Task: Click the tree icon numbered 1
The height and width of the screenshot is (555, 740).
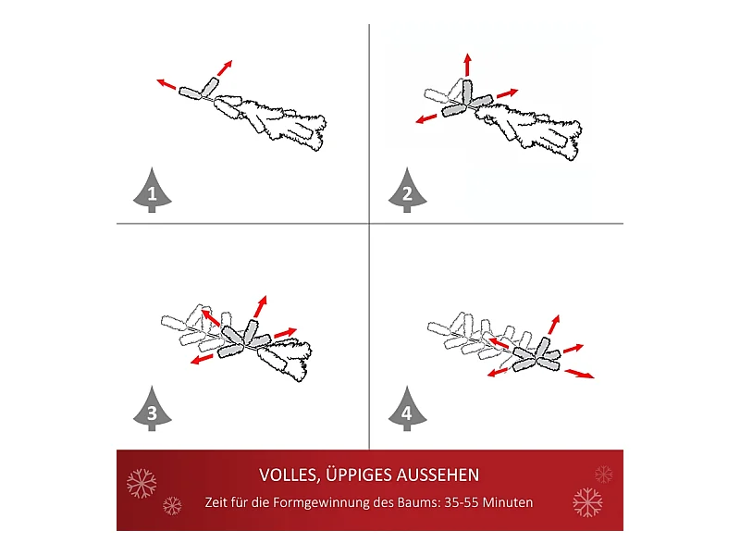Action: [x=152, y=191]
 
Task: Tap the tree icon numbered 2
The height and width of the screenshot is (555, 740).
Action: [x=407, y=191]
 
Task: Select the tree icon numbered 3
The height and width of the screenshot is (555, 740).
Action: [x=152, y=409]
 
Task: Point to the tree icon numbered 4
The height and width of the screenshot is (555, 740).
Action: [x=407, y=409]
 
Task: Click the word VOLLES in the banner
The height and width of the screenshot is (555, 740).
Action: [x=290, y=475]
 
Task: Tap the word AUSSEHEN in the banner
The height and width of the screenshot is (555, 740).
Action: [x=438, y=475]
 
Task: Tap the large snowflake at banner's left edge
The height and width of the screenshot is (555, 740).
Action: [x=142, y=483]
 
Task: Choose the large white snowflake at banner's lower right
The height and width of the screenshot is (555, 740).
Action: [x=587, y=502]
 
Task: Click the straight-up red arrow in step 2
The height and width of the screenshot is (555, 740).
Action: [x=467, y=65]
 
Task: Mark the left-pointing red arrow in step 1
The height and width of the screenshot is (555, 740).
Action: [x=166, y=84]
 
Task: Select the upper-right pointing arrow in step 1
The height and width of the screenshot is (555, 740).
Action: [x=225, y=68]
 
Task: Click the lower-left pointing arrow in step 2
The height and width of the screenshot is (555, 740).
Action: [x=426, y=118]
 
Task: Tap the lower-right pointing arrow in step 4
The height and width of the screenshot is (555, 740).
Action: [x=580, y=374]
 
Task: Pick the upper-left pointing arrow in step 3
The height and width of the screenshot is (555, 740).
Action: [x=211, y=317]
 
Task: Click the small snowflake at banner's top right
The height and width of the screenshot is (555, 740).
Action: [x=604, y=475]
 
